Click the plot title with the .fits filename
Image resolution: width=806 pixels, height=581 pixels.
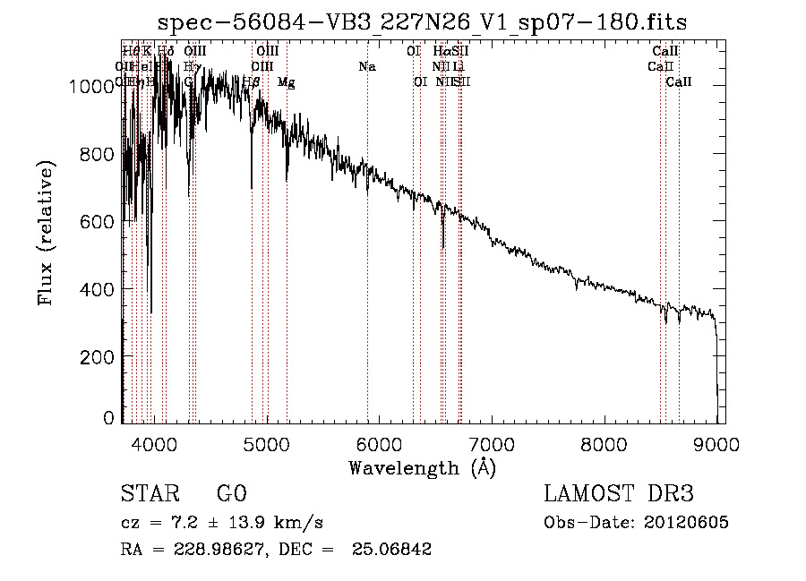423,22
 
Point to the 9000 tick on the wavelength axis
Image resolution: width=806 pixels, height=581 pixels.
716,441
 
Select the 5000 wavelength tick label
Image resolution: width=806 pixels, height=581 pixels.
266,441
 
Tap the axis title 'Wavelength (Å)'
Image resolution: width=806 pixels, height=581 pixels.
422,467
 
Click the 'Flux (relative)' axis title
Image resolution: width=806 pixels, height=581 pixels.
46,235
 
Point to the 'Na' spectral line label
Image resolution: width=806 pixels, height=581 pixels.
366,66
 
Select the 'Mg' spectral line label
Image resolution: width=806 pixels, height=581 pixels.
286,82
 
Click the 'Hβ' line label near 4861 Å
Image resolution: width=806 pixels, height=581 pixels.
251,81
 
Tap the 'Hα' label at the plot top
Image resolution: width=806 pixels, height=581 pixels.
442,51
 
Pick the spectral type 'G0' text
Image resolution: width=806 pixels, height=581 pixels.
231,493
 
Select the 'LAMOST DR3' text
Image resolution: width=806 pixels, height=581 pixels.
618,493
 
